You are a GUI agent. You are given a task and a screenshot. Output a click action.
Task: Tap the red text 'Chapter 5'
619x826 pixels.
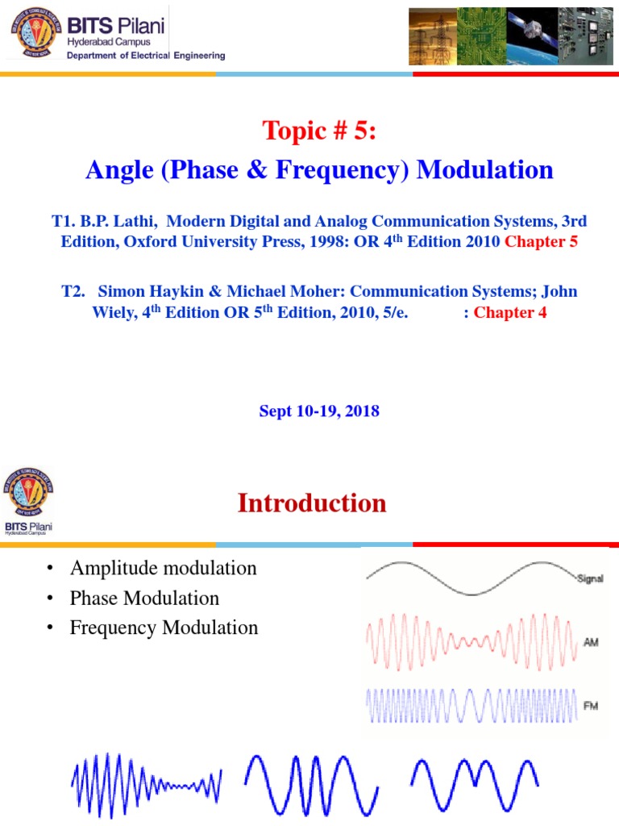(541, 241)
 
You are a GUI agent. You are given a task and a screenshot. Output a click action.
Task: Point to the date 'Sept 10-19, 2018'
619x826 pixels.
(319, 411)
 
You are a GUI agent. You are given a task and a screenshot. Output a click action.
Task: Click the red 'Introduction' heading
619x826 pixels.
(312, 503)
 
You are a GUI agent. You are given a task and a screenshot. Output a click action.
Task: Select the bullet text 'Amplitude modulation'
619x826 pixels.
(163, 568)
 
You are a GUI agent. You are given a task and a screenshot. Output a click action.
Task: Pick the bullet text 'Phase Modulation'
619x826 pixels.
(144, 598)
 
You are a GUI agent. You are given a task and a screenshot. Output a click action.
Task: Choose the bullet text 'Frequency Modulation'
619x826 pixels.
(164, 628)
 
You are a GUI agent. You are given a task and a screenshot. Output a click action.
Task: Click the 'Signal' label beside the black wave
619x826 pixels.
(590, 578)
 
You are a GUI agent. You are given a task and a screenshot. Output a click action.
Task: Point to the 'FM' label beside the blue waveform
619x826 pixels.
(590, 705)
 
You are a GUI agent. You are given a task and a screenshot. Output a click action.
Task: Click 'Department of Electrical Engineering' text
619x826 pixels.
(146, 56)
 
